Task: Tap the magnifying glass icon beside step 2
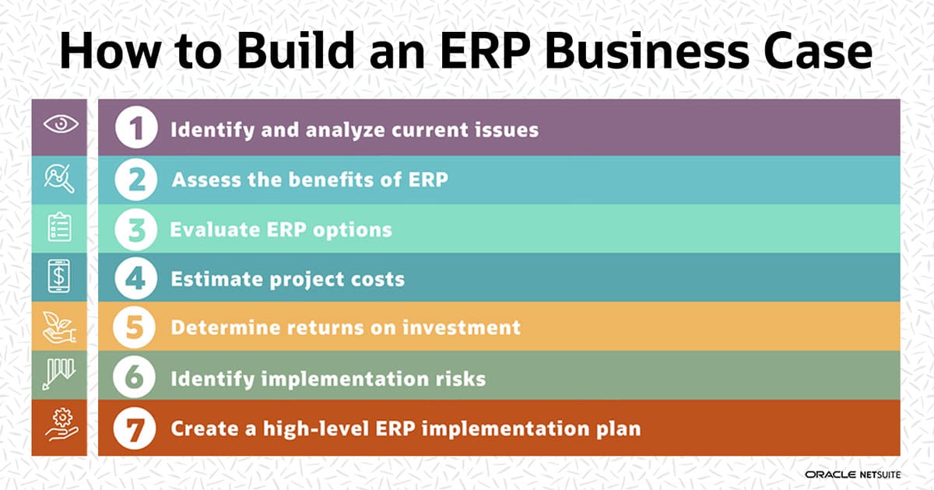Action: click(x=59, y=179)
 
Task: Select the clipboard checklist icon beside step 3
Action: click(x=59, y=228)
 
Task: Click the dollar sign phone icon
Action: click(x=59, y=278)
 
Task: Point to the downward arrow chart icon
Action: click(x=59, y=376)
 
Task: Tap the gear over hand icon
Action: click(x=59, y=426)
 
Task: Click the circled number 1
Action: click(x=137, y=128)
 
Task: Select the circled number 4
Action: click(x=137, y=278)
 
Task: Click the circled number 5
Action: click(x=137, y=327)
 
